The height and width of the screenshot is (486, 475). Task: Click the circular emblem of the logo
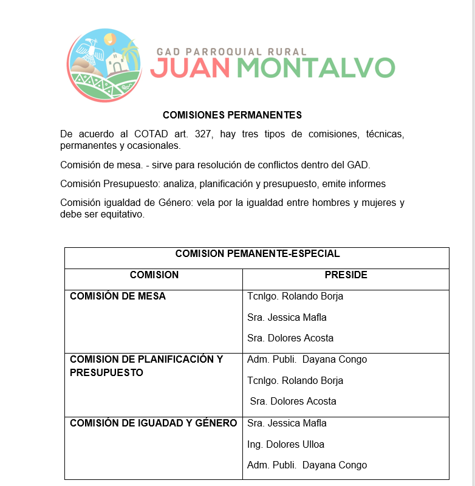104,64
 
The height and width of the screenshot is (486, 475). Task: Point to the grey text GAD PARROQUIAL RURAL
231,52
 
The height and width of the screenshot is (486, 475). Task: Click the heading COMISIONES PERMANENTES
232,115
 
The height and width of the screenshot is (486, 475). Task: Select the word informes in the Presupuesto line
366,184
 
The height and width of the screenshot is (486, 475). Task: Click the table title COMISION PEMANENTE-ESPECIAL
258,254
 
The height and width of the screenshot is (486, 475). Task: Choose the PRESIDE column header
346,275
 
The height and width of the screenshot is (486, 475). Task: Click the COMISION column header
154,275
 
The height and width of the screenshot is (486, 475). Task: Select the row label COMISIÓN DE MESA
118,296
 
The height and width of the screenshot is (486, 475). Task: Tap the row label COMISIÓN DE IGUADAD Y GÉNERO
153,423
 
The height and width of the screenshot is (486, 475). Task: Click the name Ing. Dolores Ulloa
285,444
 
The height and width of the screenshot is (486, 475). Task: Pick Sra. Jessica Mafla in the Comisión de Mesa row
287,317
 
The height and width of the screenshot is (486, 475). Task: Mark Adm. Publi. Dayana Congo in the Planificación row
307,360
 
